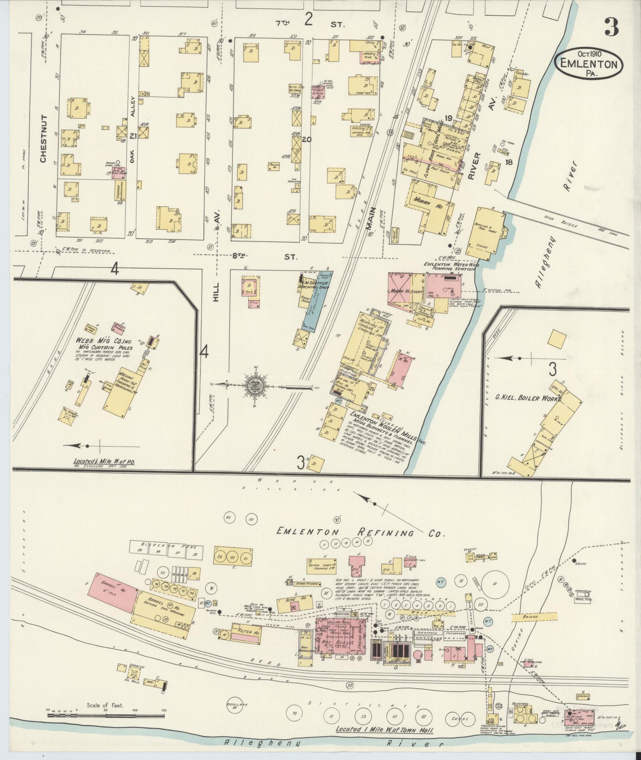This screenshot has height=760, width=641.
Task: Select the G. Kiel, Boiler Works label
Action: click(529, 397)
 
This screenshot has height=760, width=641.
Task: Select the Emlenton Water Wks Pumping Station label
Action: click(449, 266)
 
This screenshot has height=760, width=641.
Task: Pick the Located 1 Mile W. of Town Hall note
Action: click(384, 730)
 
